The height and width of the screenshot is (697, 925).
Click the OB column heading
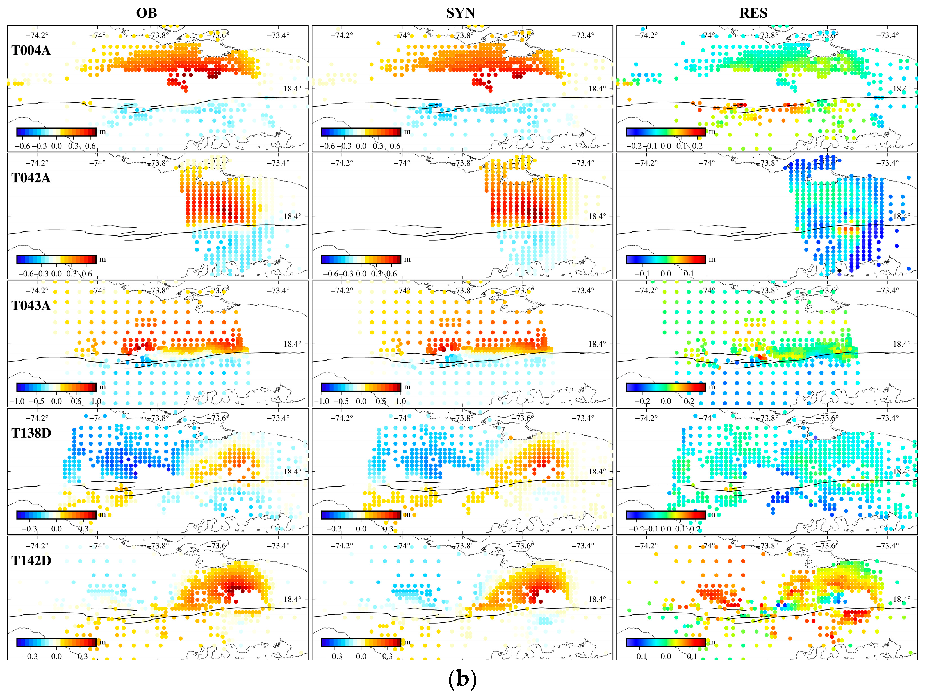[x=146, y=13]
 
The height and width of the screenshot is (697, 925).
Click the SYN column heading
[x=461, y=13]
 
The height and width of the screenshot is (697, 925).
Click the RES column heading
[x=753, y=13]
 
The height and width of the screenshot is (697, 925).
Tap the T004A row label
[x=31, y=51]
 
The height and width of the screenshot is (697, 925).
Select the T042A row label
[x=31, y=178]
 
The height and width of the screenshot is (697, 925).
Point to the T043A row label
[x=31, y=306]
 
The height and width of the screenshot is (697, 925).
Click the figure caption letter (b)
[x=462, y=678]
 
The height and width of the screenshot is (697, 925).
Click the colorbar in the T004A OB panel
[x=56, y=132]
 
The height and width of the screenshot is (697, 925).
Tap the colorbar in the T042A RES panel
[x=666, y=260]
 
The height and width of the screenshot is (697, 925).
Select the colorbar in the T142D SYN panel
[x=361, y=642]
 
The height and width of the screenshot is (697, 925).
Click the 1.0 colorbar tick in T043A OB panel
[x=96, y=402]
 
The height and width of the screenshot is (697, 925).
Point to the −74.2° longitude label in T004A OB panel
[x=37, y=35]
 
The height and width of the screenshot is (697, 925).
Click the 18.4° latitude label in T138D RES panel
[x=902, y=471]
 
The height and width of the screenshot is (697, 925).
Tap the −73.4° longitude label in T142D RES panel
[x=887, y=546]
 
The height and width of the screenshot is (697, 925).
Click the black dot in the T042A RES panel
[x=839, y=271]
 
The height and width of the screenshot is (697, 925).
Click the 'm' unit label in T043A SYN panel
[x=407, y=387]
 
